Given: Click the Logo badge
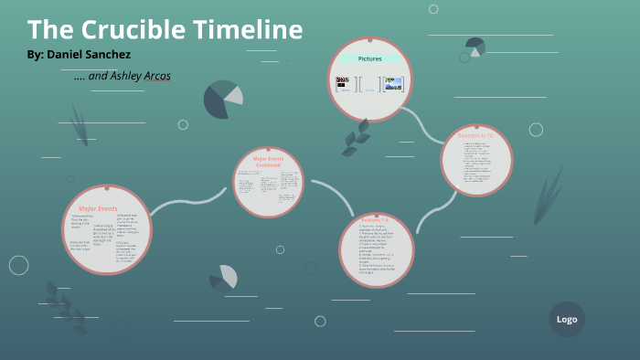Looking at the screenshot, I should (x=567, y=319).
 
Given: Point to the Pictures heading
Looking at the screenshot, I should (x=369, y=58).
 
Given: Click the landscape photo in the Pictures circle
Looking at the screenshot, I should (x=393, y=84).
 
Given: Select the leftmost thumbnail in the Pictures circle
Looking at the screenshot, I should (x=344, y=84).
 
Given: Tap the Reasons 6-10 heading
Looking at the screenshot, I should (x=475, y=136).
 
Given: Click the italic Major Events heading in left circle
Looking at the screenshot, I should (x=99, y=209).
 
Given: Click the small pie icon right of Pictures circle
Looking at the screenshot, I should (x=475, y=46).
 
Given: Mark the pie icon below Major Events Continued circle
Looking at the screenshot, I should (x=223, y=277).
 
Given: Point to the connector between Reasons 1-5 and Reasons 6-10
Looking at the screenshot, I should (x=428, y=215).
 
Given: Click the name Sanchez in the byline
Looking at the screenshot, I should (x=111, y=55).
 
